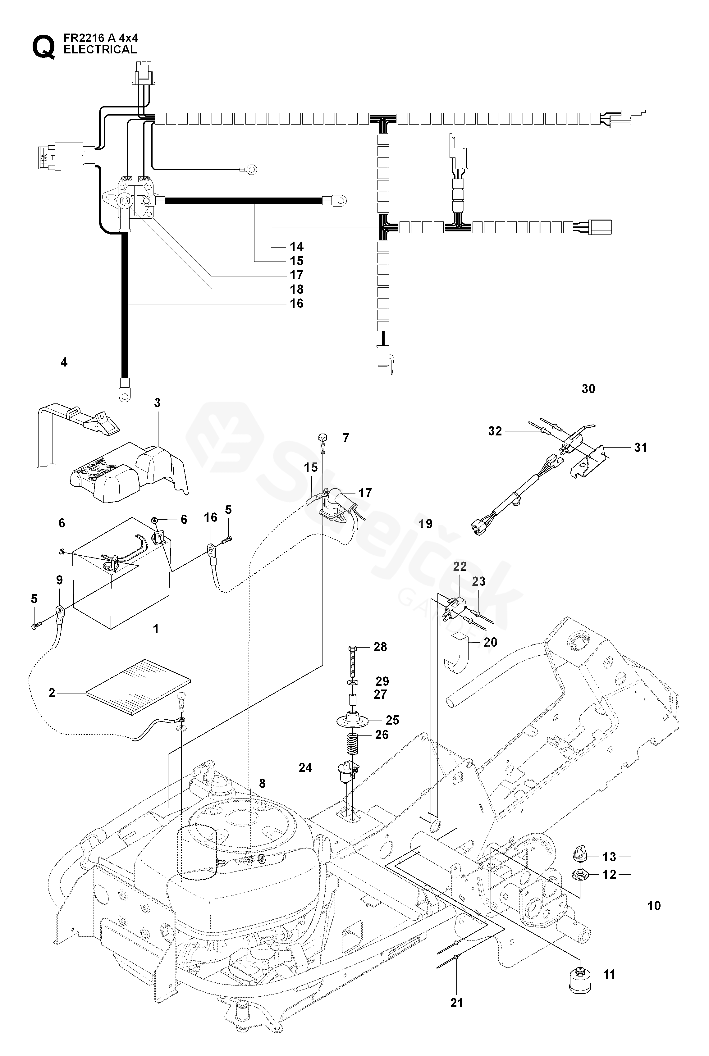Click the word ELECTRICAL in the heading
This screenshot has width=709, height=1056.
tap(100, 50)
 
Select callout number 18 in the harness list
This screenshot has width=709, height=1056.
tap(297, 289)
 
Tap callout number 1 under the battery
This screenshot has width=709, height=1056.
tap(156, 629)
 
